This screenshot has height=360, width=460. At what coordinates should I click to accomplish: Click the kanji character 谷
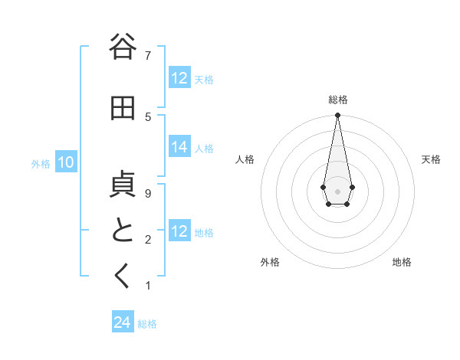pos(122,47)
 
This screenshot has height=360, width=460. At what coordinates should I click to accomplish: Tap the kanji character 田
pos(122,109)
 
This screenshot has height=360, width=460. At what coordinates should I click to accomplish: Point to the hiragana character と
pos(122,231)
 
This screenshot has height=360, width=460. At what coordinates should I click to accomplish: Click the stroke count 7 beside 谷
pos(148,55)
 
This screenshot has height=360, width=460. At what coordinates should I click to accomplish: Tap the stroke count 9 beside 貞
pos(148,194)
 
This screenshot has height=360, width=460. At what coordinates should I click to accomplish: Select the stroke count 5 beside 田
pos(148,116)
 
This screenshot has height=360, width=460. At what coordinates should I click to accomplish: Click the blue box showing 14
pos(179,148)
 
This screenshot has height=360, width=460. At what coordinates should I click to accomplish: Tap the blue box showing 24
pos(122,323)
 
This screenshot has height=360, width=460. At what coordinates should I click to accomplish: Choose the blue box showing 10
pos(65,162)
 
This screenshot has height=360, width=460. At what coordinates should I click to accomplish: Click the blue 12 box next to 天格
pos(179,78)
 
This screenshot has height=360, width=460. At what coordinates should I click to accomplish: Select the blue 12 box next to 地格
pos(179,232)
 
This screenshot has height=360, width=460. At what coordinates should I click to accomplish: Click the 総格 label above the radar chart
pos(337,100)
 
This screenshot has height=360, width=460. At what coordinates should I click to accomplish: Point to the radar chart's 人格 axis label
pos(245,159)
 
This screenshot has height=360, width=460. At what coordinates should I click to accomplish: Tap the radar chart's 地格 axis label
pos(402,262)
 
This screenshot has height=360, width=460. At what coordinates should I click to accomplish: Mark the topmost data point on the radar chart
pos(337,116)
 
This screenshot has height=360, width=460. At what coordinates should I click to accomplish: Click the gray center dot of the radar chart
pos(337,190)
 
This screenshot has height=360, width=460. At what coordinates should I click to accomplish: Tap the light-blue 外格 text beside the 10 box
pos(41,163)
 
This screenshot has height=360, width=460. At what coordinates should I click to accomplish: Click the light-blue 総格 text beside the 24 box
pos(147,324)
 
